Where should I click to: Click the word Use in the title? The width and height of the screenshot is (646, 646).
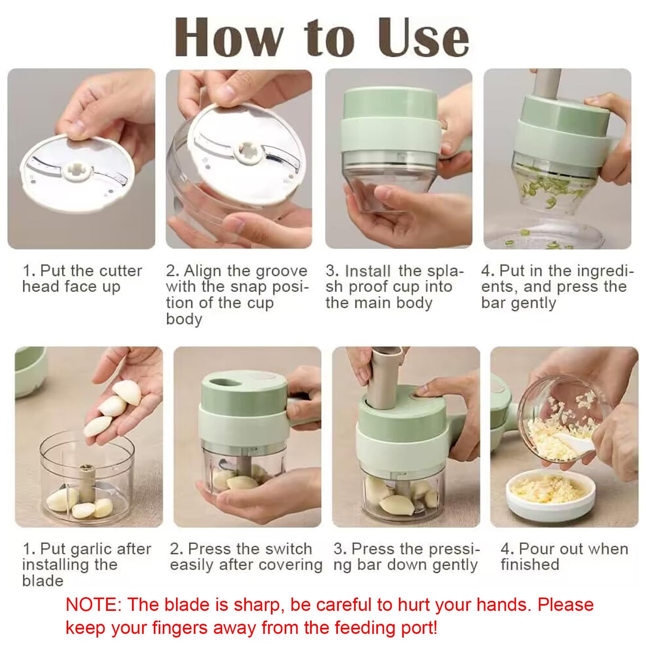pos(423,38)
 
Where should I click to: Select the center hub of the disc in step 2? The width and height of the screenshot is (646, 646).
pos(247,152)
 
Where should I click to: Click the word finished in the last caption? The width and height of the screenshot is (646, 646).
pos(530,565)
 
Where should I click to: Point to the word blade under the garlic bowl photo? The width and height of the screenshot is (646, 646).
pos(43,581)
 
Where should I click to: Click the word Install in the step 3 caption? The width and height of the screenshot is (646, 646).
pos(368,271)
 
